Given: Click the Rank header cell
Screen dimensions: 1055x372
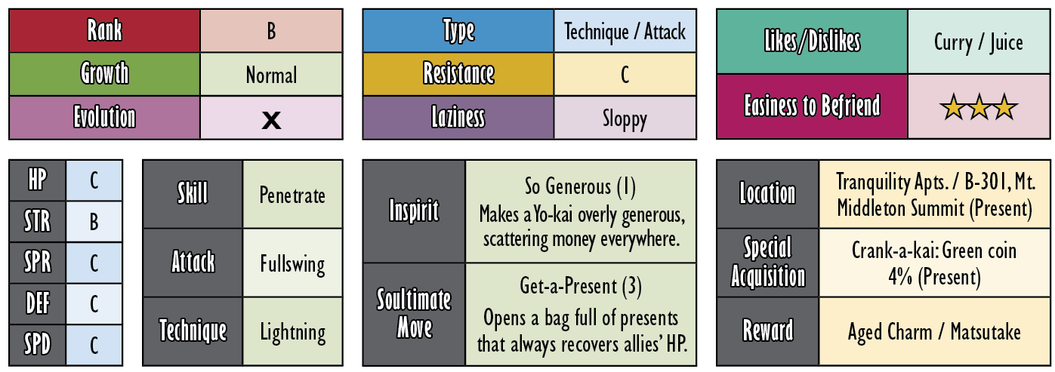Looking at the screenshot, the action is click(104, 31).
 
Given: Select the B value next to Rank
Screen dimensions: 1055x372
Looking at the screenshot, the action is click(271, 31).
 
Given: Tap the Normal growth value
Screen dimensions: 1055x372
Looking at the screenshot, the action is click(271, 75).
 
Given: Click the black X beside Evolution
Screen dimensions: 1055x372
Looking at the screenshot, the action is click(271, 120).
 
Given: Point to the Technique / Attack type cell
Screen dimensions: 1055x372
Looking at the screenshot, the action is click(625, 31).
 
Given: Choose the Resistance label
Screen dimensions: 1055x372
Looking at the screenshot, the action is click(458, 73).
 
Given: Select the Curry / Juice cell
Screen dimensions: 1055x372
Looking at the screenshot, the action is click(979, 42).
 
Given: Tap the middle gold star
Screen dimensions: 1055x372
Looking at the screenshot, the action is click(979, 106).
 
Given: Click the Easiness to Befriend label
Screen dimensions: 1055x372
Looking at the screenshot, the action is click(812, 106).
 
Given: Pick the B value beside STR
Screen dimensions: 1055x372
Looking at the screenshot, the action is click(94, 222).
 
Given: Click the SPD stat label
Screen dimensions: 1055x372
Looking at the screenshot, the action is click(38, 345).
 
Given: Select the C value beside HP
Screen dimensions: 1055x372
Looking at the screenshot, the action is click(94, 180).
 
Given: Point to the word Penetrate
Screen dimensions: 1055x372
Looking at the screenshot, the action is click(292, 195).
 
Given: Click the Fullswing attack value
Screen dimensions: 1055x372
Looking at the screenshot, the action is click(292, 264).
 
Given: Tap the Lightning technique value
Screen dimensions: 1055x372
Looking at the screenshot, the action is click(292, 333).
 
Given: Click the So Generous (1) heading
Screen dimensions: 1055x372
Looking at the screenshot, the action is click(580, 186).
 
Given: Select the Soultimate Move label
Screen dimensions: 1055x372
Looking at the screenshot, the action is click(414, 314).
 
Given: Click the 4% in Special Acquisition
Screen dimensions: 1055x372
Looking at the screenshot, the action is click(900, 276).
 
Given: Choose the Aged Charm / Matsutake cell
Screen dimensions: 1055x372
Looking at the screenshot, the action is click(934, 331).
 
